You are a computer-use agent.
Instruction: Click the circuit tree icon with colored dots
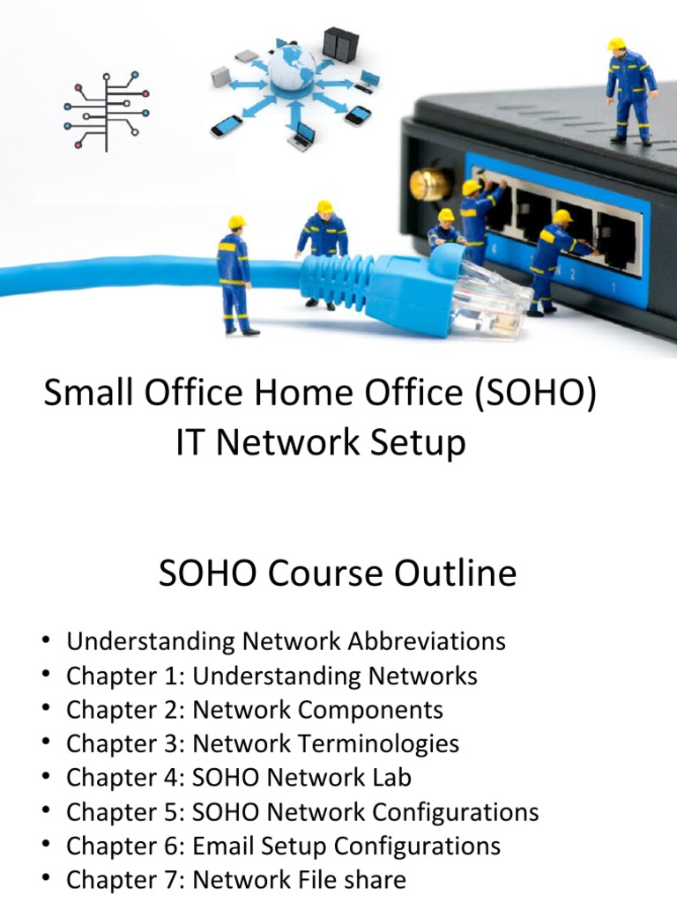point(107,111)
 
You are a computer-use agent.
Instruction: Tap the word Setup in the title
point(419,443)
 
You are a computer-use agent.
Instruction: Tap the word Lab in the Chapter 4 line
point(393,777)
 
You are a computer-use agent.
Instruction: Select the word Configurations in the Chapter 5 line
point(457,811)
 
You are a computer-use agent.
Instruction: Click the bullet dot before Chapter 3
point(46,743)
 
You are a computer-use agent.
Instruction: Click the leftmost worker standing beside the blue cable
point(234,274)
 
